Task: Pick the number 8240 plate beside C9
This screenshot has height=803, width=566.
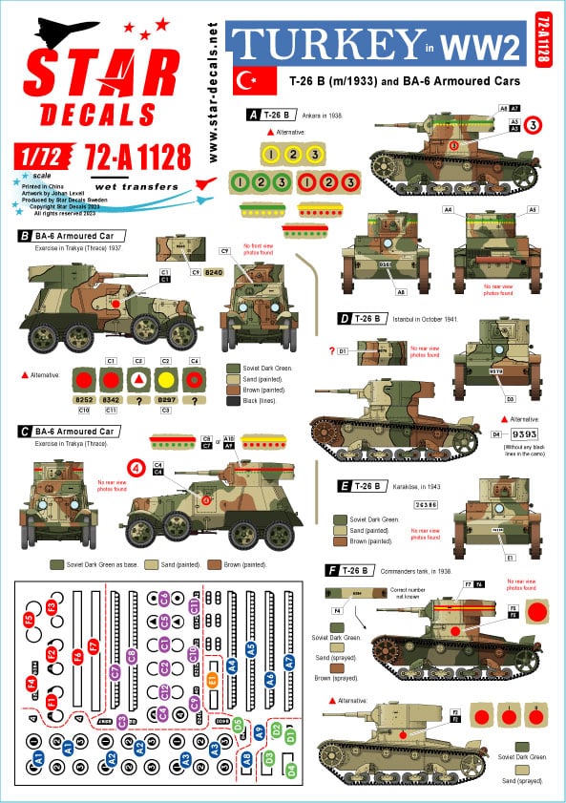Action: (x=214, y=272)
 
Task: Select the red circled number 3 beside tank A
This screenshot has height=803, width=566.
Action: (x=534, y=123)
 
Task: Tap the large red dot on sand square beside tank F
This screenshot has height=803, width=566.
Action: (x=535, y=612)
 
